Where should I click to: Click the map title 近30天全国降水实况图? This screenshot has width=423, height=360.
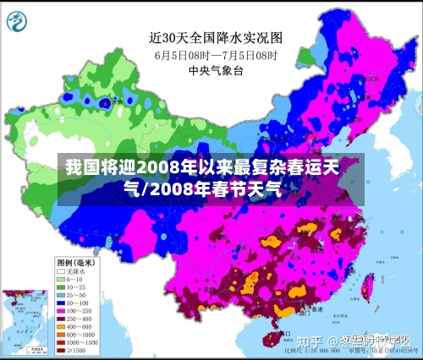(x=216, y=37)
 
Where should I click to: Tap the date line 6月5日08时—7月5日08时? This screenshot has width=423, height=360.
(x=215, y=55)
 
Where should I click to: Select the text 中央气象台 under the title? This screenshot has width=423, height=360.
(x=216, y=71)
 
